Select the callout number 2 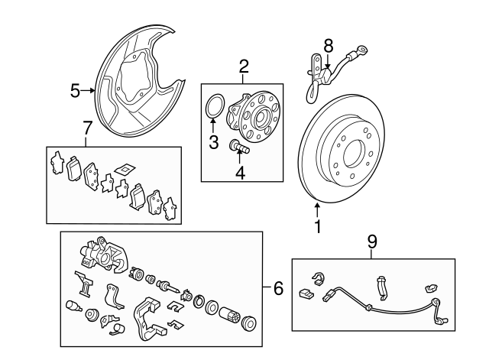244,66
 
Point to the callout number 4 240,172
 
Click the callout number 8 329,45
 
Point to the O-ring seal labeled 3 214,106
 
